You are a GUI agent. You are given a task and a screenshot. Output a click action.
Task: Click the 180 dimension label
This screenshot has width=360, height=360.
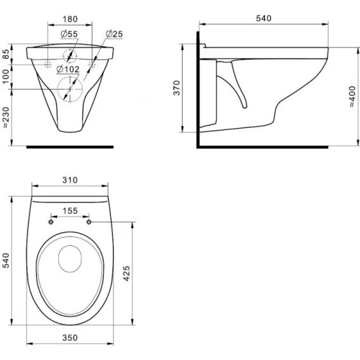[70, 19]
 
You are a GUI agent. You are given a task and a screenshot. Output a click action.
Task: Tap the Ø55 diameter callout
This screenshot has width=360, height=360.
[69, 34]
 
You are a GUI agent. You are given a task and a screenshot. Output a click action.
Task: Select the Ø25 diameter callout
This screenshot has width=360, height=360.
[114, 34]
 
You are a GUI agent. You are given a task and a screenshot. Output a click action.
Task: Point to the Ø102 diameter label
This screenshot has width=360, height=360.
[68, 69]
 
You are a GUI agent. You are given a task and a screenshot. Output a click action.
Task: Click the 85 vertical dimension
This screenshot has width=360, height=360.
[6, 54]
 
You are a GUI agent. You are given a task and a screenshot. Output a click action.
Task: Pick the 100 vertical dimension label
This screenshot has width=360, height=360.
[6, 77]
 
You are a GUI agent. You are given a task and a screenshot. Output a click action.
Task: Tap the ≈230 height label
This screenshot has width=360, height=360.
[6, 117]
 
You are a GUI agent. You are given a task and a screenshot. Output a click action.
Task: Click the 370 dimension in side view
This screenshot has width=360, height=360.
[177, 88]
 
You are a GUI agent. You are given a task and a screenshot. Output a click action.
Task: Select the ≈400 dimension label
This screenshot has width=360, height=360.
[352, 97]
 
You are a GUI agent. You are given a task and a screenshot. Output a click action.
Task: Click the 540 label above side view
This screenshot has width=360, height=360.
[264, 18]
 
